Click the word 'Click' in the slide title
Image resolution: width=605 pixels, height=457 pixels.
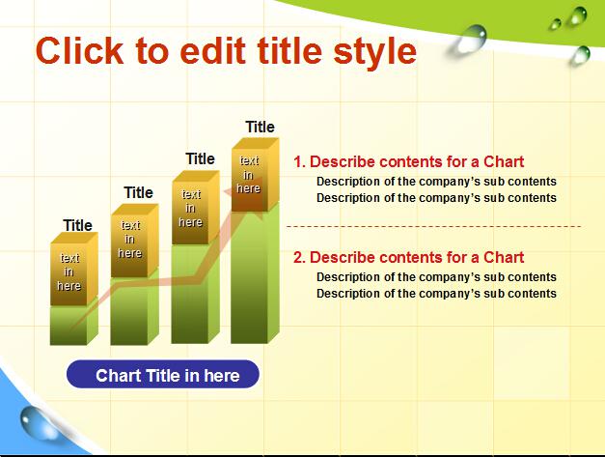(x=79, y=50)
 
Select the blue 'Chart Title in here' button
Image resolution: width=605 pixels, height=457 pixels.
(x=163, y=374)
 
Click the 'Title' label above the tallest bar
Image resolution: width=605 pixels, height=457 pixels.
(x=261, y=127)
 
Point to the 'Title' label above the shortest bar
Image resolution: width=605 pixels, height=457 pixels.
(x=77, y=225)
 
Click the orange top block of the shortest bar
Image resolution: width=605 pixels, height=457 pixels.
(x=73, y=269)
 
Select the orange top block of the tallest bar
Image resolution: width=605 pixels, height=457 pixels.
(x=255, y=175)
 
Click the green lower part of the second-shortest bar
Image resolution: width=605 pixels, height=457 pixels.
(x=134, y=310)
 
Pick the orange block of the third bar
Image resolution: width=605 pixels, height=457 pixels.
(x=195, y=208)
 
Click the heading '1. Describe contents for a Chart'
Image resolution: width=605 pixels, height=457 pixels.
(x=408, y=162)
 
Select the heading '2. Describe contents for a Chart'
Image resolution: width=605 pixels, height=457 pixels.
(x=408, y=257)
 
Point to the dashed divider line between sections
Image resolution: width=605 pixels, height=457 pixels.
(x=433, y=226)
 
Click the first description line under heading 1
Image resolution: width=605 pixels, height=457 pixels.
(x=436, y=182)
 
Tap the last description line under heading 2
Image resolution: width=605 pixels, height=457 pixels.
(x=436, y=294)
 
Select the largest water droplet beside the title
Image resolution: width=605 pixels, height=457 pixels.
(x=468, y=41)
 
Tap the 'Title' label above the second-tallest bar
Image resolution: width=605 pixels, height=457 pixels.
(x=200, y=158)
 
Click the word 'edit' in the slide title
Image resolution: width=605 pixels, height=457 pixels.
(x=212, y=50)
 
